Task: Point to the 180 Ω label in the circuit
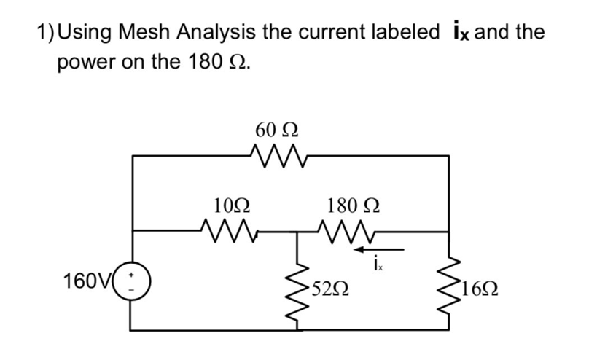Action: click(x=352, y=205)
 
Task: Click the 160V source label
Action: click(x=87, y=281)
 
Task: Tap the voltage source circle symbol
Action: click(x=132, y=282)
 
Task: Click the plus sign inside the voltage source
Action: click(x=133, y=274)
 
